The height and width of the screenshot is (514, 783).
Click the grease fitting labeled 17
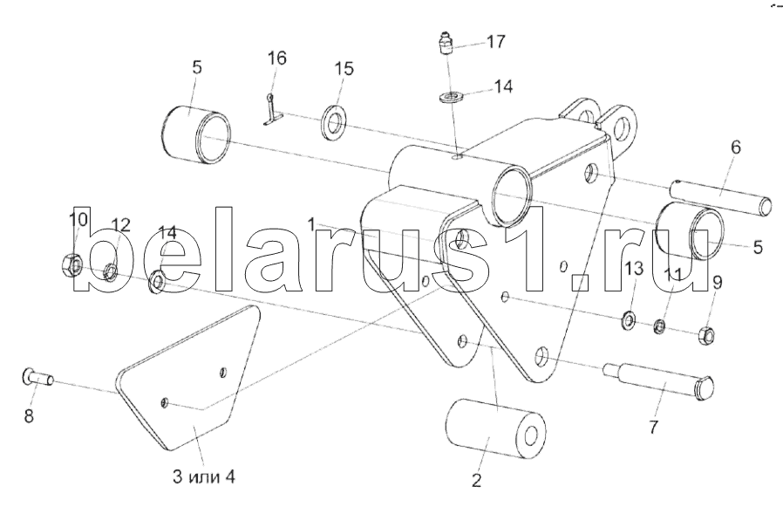point(446,45)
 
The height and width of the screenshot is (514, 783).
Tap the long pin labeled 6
point(722,196)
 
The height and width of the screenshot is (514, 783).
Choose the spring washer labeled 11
point(660,327)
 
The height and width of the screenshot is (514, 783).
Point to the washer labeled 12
point(111,272)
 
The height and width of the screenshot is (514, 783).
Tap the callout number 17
point(494,41)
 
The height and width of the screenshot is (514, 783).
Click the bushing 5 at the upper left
point(197,134)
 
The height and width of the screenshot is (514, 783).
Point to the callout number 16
point(276,58)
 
